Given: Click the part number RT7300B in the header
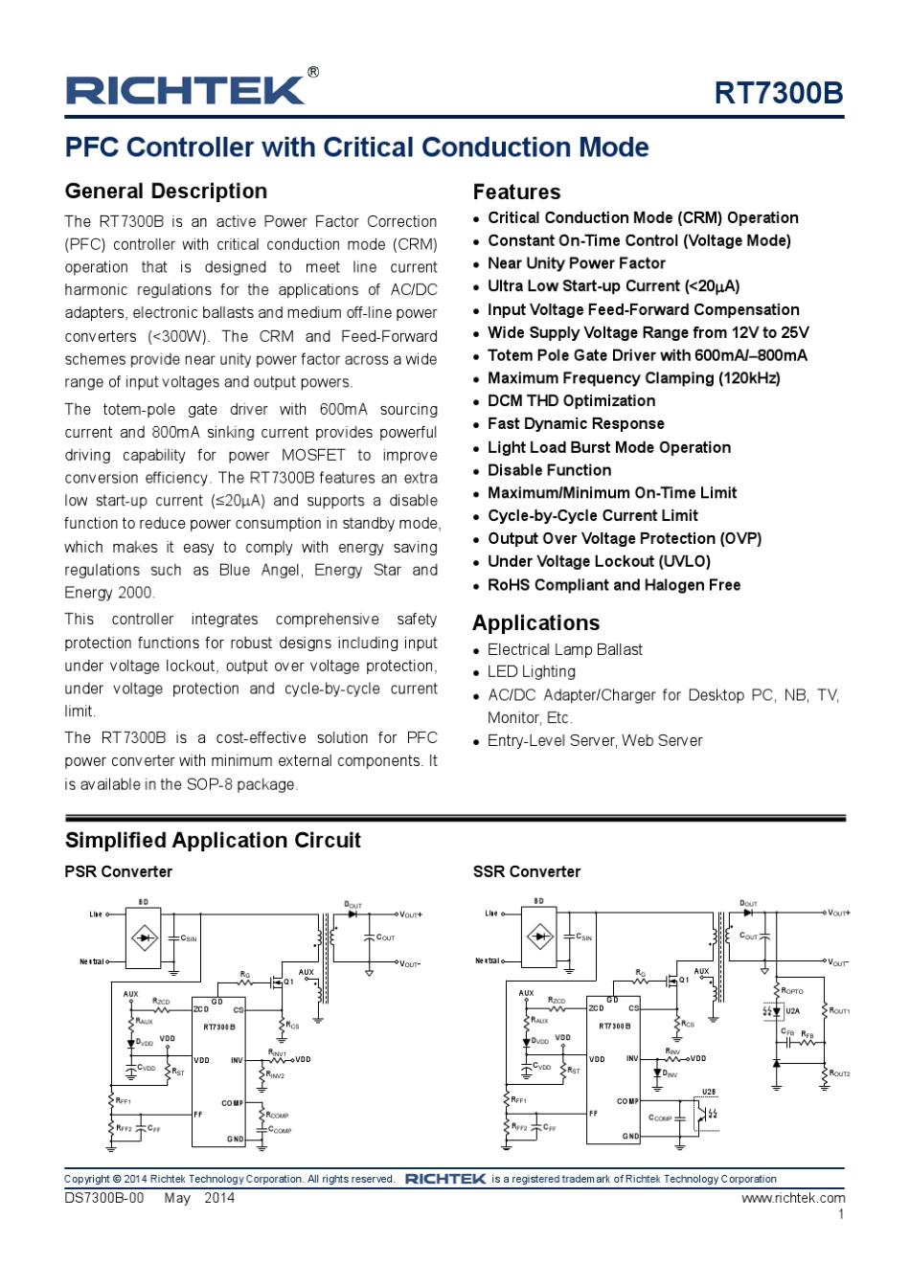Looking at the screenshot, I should click(778, 93).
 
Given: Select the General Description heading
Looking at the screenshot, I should click(166, 192).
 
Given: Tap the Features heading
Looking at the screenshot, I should click(516, 192).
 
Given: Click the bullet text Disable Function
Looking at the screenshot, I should click(549, 470).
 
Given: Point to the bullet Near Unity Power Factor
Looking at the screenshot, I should click(576, 263).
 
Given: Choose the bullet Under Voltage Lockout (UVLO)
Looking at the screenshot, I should click(599, 562).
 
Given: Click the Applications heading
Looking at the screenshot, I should click(535, 623).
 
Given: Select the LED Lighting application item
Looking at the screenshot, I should click(532, 672).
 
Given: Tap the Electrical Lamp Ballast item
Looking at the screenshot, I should click(565, 649).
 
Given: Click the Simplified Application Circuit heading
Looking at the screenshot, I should click(213, 841).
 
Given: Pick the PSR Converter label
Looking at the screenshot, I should click(118, 872).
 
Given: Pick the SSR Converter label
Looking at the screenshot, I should click(526, 872).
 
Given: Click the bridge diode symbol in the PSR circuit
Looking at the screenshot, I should click(145, 937).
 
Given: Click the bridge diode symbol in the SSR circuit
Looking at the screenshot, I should click(540, 937).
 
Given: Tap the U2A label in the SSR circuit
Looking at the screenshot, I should click(792, 1011).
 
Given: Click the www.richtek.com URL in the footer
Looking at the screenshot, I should click(793, 1198).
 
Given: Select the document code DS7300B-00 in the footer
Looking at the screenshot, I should click(103, 1198).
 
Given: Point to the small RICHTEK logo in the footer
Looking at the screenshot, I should click(445, 1179).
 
